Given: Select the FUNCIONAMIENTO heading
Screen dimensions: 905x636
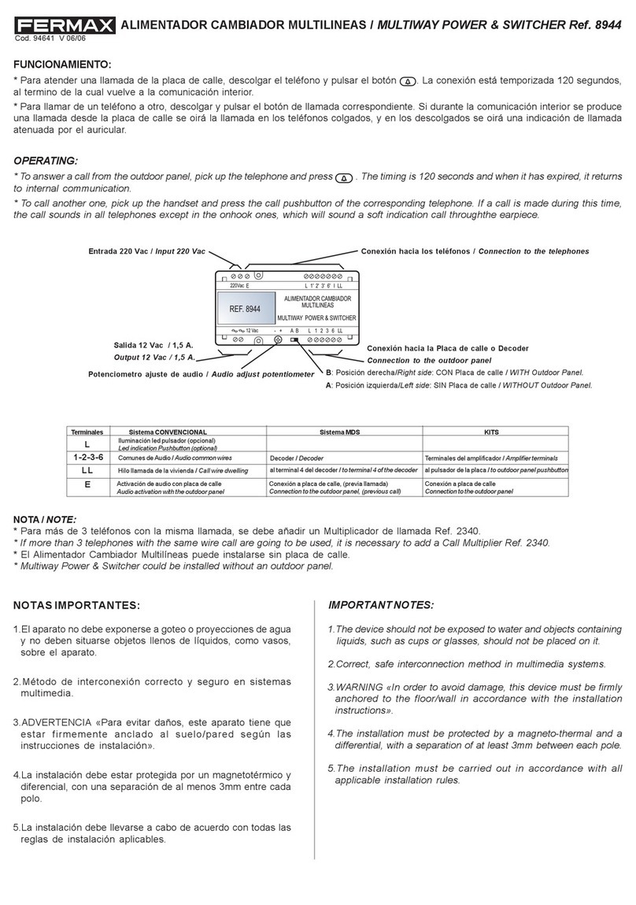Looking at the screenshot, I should click(x=63, y=64).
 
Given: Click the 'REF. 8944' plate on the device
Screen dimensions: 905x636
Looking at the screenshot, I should click(x=245, y=310).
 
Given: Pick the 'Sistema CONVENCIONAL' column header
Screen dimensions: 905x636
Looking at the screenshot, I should click(x=168, y=432).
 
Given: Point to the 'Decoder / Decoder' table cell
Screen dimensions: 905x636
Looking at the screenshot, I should click(x=297, y=458).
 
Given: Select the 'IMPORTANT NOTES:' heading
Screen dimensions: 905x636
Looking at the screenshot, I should click(x=380, y=605).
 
